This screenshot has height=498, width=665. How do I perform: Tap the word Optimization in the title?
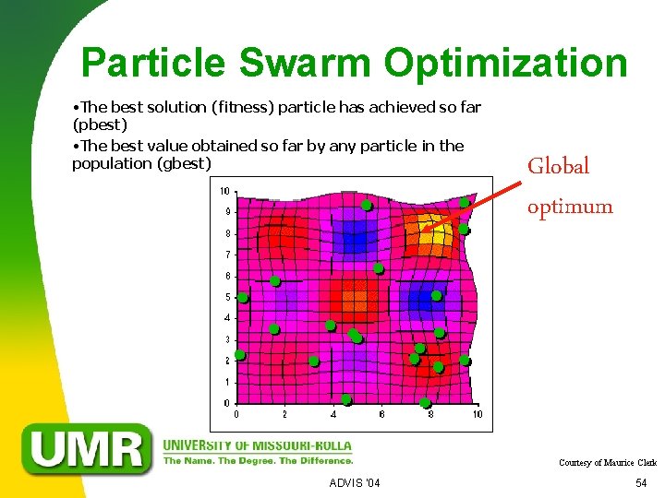(x=506, y=64)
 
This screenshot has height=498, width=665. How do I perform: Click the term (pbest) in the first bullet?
(x=100, y=125)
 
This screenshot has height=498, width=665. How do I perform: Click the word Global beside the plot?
(x=558, y=166)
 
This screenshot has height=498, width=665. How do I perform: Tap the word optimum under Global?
(x=569, y=207)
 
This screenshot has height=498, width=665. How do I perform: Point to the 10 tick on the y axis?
(x=224, y=191)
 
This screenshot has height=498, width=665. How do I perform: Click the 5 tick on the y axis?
(x=227, y=297)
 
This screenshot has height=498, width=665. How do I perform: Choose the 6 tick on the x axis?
(x=381, y=415)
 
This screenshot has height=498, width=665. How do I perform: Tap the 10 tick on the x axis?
(x=478, y=415)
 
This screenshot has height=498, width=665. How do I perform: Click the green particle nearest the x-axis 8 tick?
(x=425, y=403)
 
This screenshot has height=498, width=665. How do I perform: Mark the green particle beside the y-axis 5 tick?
(x=243, y=298)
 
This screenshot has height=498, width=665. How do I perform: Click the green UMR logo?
(x=89, y=449)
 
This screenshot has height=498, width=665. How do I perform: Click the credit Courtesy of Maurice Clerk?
(x=607, y=463)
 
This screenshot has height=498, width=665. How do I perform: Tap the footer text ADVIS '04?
(x=354, y=483)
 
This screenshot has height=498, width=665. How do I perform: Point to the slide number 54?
(x=641, y=483)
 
